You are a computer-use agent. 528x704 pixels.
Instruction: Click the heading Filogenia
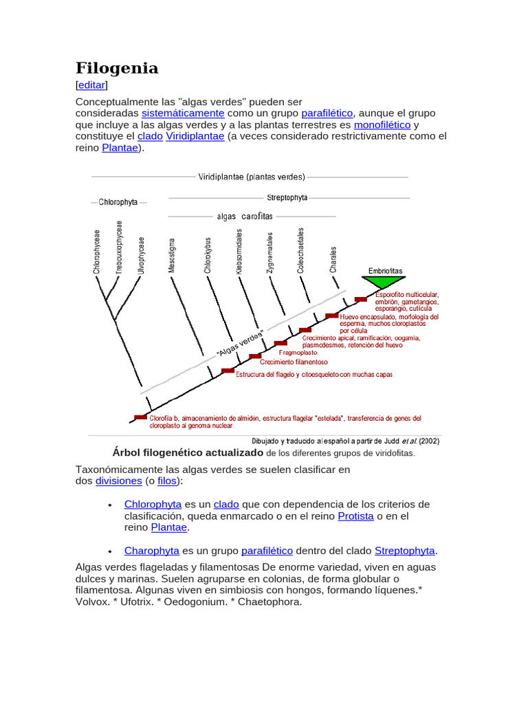116,68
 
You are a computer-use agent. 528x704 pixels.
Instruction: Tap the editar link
91,85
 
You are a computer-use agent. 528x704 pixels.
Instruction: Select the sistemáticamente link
183,113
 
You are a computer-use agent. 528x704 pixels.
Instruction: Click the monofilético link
382,125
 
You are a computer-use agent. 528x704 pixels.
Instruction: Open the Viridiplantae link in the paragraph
195,136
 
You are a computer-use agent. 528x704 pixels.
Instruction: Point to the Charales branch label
333,260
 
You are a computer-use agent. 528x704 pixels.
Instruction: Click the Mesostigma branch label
172,256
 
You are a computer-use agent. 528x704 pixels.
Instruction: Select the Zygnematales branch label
270,253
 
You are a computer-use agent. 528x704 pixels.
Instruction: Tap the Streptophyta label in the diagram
287,198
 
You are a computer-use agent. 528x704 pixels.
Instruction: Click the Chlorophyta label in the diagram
118,202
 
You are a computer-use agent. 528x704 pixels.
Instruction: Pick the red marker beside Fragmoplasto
280,343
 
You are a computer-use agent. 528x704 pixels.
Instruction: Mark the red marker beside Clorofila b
141,417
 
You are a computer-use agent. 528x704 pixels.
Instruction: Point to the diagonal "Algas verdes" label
241,342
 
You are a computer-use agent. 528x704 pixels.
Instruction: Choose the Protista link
355,516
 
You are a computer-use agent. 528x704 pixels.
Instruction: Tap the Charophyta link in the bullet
151,551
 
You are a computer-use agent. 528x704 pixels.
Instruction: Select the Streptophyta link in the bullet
404,551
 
